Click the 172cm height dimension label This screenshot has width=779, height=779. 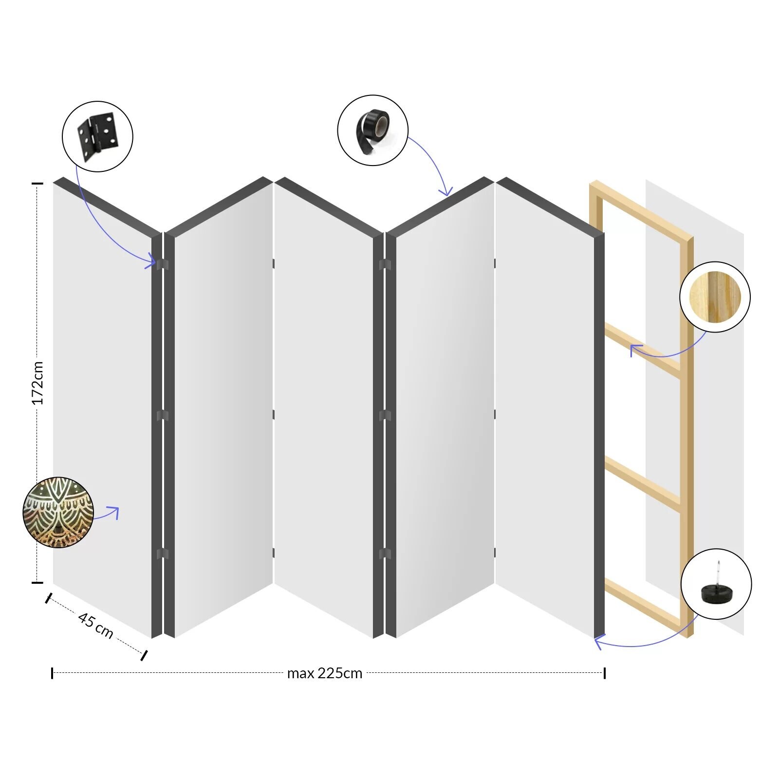(x=37, y=383)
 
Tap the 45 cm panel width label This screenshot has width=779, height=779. (x=95, y=625)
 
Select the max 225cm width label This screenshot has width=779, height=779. (x=325, y=673)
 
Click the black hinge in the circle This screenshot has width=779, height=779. (x=97, y=136)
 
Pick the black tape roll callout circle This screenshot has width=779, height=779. (x=372, y=130)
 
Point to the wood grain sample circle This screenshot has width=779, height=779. (x=715, y=297)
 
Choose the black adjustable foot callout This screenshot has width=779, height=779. (x=716, y=584)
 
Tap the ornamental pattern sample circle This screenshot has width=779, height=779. (x=58, y=513)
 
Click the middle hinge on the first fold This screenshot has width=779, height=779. (x=163, y=415)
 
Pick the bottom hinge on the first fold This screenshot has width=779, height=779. (x=163, y=554)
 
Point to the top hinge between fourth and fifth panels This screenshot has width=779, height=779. (x=495, y=263)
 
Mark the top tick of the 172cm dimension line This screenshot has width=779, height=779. (x=37, y=184)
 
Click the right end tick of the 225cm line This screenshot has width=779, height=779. (x=604, y=673)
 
